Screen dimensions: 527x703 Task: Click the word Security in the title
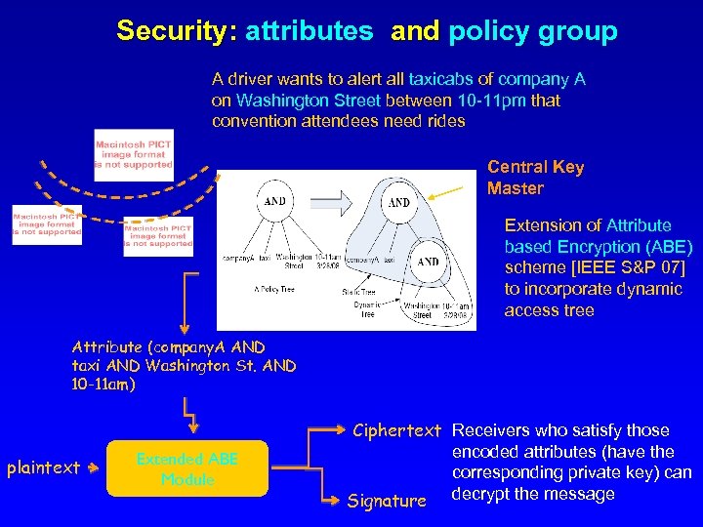tap(176, 31)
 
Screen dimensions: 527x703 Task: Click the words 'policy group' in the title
tap(532, 31)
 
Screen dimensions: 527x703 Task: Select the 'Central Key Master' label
tap(535, 177)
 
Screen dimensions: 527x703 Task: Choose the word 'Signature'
tap(387, 501)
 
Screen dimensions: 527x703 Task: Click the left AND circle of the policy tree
tap(276, 201)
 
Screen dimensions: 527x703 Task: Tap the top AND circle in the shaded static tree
tap(399, 203)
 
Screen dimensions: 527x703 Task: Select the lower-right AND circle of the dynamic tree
tap(429, 263)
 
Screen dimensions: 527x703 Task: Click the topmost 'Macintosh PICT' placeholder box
tap(134, 154)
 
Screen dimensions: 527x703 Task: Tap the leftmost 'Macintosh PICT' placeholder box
tap(47, 224)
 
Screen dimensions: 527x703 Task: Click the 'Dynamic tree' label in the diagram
tap(367, 308)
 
